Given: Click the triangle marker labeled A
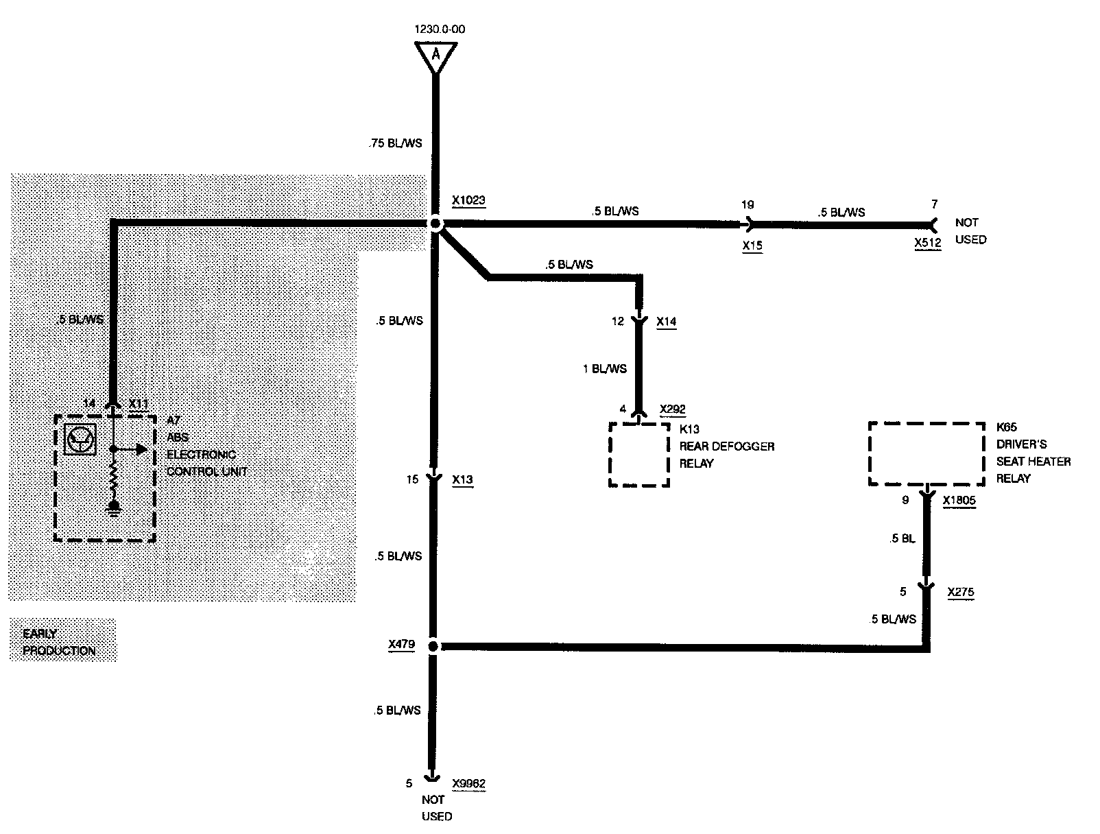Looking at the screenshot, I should coord(435,56).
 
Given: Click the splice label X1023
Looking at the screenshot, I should coord(468,201).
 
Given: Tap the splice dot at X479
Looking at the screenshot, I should coord(433,646).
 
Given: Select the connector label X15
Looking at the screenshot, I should coord(752,245).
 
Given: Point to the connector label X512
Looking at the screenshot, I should coord(927,242).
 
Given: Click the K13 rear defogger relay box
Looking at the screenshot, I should coord(638,455).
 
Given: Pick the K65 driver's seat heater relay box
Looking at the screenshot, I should coord(926,453).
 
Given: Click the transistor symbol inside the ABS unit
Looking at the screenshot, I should coord(80,439).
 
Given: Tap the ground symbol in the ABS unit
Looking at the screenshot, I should coord(114,508).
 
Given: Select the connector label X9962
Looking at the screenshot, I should coord(468,783).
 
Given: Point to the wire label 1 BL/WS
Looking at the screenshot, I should coord(604,369).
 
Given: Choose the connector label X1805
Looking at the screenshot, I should coord(959,501).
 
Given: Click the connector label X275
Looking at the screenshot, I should coord(960,591).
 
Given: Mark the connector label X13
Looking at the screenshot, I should coord(463,480).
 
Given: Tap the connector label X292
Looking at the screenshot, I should coord(672,409).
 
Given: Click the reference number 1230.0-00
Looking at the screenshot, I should coord(435,29).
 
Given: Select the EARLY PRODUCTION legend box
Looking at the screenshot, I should coord(62,641).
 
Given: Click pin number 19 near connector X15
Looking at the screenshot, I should coord(748,204).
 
